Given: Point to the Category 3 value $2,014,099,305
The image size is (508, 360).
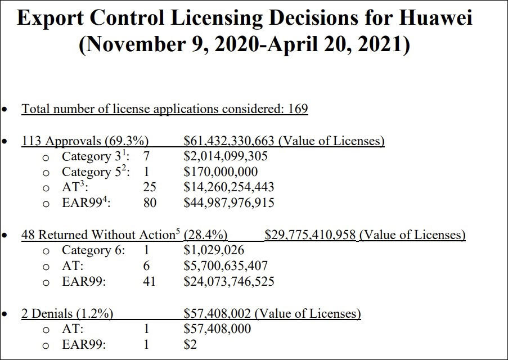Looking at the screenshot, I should click(x=226, y=156).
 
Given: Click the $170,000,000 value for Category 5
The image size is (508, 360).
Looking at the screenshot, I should click(x=221, y=172).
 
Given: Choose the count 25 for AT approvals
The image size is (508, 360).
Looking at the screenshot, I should click(x=150, y=187).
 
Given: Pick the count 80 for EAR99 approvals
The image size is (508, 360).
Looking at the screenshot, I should click(x=150, y=202).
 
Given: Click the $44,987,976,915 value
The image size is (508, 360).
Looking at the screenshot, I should click(x=229, y=202).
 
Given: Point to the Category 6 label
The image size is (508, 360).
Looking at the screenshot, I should click(x=93, y=250).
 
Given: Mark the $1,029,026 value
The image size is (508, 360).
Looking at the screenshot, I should click(x=214, y=250).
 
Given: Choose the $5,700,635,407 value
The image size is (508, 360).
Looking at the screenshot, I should click(x=226, y=265).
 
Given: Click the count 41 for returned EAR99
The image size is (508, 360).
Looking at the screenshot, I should click(x=150, y=281).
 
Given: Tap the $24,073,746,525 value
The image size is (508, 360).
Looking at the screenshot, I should click(x=229, y=281).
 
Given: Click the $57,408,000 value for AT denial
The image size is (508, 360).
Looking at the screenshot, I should click(x=217, y=328).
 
